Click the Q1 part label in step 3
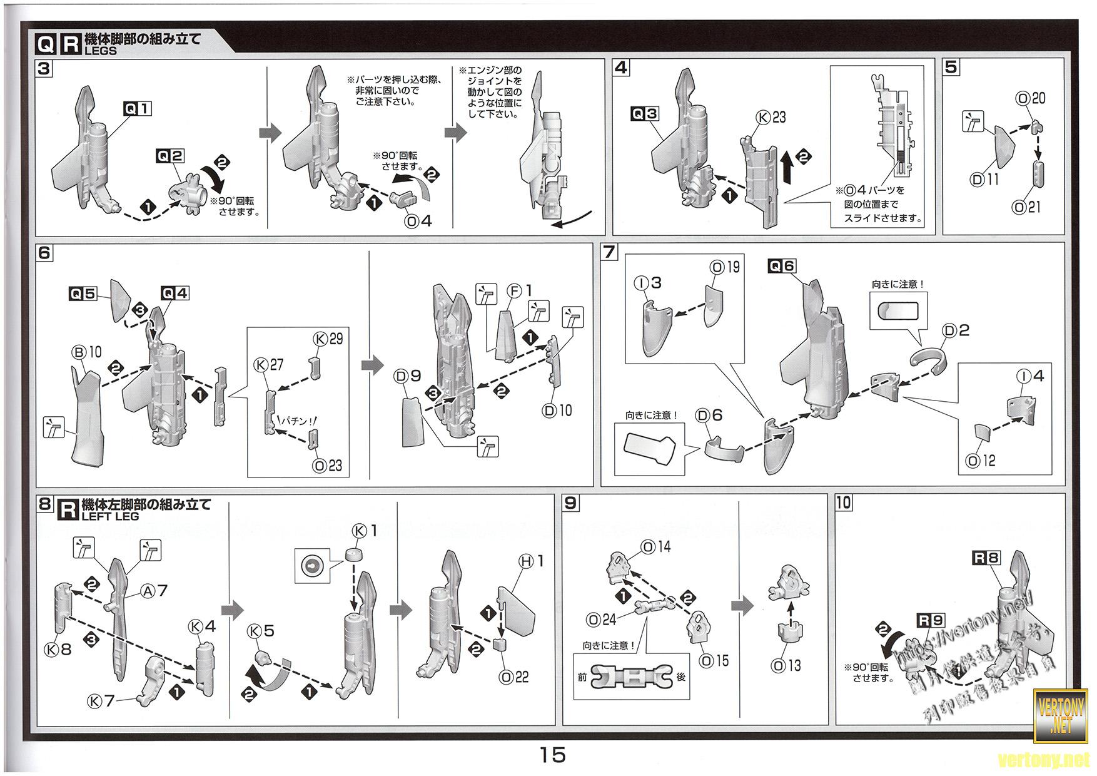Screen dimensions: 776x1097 [x=138, y=109]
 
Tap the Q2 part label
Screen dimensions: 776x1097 [x=171, y=156]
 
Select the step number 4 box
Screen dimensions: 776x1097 [x=620, y=68]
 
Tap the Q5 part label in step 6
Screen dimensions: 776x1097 [x=83, y=293]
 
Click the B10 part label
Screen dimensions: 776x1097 [x=87, y=353]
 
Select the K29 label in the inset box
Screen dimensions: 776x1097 [x=328, y=339]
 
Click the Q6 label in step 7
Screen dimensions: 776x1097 [x=782, y=266]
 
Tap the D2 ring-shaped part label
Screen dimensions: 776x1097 [x=956, y=330]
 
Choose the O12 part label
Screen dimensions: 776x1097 [x=980, y=461]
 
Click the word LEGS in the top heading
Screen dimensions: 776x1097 [x=100, y=51]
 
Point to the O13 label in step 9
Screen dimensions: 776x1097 [x=786, y=666]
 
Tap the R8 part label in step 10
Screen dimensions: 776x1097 [x=986, y=558]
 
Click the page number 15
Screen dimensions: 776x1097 [x=553, y=755]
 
